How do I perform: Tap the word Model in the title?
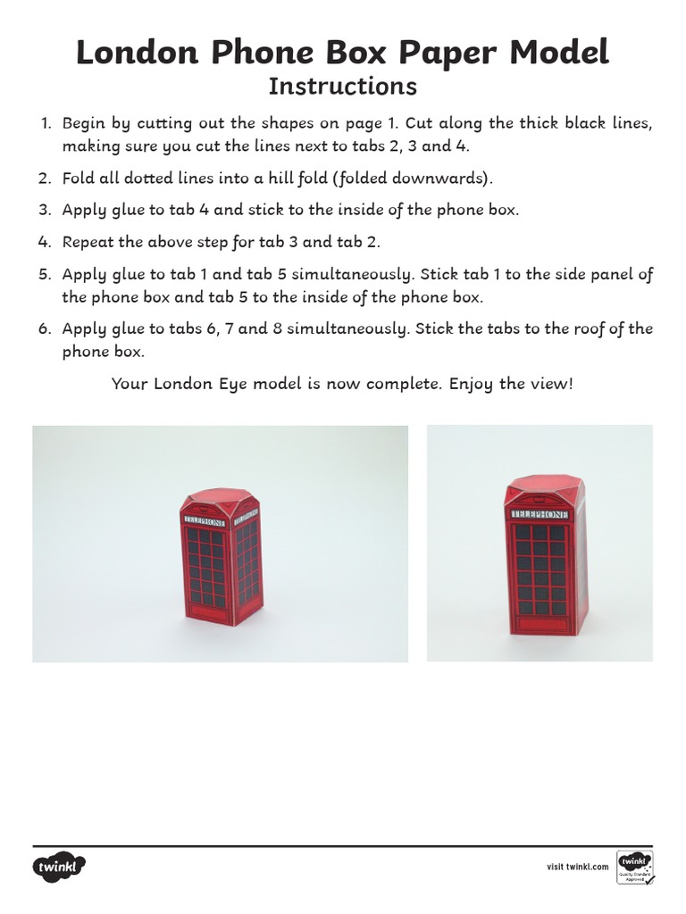point(559,54)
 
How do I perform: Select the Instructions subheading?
point(343,87)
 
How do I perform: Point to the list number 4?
point(46,242)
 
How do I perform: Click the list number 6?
point(46,328)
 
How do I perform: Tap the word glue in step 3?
point(131,210)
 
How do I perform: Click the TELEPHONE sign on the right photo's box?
point(540,515)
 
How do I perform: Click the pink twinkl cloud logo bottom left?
point(59,867)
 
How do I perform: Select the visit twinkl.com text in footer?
point(577,867)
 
